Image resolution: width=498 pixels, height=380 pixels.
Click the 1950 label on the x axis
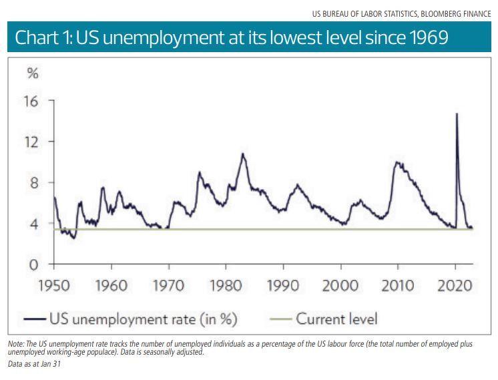pos(53,285)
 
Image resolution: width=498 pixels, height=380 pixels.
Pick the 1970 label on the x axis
pos(168,285)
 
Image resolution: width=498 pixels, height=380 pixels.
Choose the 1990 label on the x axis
pos(283,285)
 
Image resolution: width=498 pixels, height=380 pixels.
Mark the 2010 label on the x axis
pos(398,285)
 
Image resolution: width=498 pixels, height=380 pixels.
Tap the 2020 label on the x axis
pos(455,285)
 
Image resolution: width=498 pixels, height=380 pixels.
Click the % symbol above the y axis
pos(33,73)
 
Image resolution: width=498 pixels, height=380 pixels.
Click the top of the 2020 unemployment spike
pos(457,114)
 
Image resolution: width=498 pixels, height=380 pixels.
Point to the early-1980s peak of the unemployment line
pos(243,154)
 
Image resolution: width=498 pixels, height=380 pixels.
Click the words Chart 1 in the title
pos(44,38)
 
